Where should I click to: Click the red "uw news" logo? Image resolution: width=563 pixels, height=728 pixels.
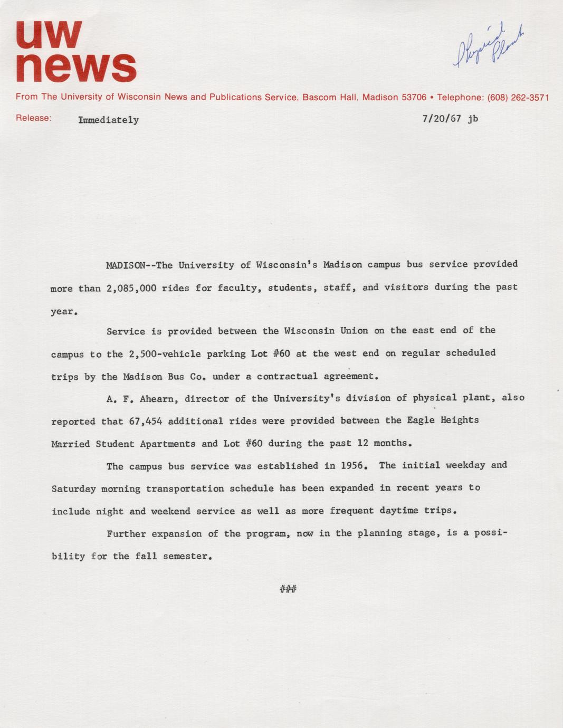tap(75, 52)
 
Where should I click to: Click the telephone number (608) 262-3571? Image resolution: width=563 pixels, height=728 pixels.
tap(518, 98)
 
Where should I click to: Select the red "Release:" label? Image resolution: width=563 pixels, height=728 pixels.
tap(34, 118)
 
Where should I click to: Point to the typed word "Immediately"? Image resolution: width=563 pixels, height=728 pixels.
tap(109, 120)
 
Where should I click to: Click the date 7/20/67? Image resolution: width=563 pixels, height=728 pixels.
tap(442, 119)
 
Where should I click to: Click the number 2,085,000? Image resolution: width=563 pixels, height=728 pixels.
tap(131, 289)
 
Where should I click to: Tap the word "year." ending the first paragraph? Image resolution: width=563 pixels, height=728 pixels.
tap(64, 312)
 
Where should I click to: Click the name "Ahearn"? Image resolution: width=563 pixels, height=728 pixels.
tap(158, 399)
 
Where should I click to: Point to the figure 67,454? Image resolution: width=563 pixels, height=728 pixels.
tap(145, 422)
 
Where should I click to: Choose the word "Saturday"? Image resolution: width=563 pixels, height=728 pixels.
tap(73, 489)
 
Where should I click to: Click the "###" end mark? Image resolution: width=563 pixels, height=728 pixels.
tap(288, 589)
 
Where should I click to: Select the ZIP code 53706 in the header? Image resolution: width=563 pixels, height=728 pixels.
tap(414, 98)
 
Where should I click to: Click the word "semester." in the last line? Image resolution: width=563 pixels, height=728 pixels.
tap(187, 557)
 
